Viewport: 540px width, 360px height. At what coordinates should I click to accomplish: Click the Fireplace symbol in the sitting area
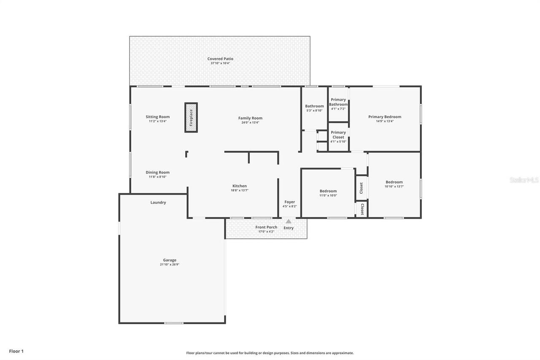pos(191,117)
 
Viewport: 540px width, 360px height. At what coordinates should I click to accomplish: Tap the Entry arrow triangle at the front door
pos(289,221)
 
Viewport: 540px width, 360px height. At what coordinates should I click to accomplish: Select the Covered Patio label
pos(220,59)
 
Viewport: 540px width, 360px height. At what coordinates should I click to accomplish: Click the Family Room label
pos(250,118)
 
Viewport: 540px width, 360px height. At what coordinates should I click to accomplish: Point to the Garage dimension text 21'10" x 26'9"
pos(170,265)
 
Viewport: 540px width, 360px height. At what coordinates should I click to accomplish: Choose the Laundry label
pos(158,202)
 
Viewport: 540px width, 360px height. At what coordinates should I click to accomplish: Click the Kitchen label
pos(240,186)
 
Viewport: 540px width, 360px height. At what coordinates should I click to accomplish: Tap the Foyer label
pos(289,202)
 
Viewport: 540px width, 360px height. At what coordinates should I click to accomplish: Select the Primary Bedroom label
pos(384,117)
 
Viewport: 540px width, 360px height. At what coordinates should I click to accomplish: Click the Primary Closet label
pos(338,135)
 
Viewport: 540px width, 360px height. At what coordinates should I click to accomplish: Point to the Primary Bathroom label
pos(338,102)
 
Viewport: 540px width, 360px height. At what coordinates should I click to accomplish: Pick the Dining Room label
pos(158,172)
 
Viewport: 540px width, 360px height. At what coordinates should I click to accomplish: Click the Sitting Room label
pos(158,117)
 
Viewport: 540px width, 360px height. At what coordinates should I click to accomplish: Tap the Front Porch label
pos(266,227)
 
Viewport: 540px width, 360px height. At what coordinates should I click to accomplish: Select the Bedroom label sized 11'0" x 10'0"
pos(328,191)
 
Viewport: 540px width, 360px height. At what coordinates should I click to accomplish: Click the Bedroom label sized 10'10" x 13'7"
pos(394,182)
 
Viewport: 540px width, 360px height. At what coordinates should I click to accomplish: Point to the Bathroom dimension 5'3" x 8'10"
pos(314,111)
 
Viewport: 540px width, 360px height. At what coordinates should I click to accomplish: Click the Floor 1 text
pos(16,351)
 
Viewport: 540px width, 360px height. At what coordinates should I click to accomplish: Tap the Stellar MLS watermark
pos(524,180)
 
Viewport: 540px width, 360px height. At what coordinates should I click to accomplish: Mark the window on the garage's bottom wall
pos(174,323)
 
